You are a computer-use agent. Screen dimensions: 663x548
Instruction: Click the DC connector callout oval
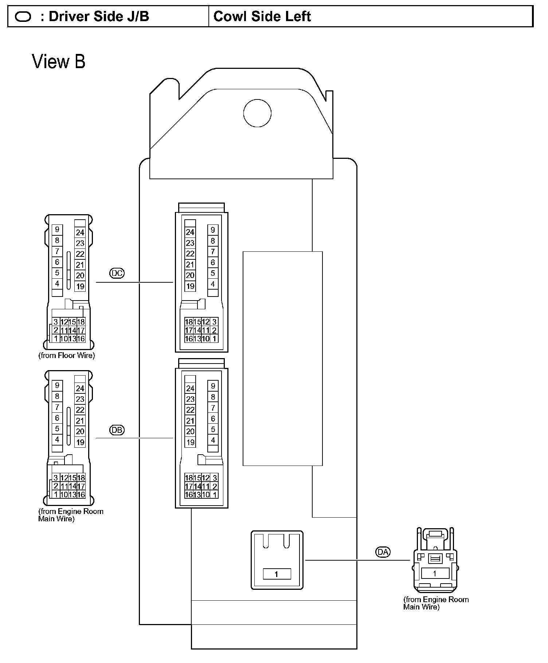[x=117, y=273]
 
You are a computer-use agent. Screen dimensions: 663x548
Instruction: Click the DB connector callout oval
[x=117, y=430]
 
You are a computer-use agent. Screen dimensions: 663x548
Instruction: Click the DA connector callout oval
[x=383, y=552]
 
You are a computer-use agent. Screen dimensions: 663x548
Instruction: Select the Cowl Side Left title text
[x=262, y=16]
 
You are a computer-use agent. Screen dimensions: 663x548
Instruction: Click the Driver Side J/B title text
[x=99, y=16]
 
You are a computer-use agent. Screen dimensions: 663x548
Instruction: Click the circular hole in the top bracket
[x=257, y=113]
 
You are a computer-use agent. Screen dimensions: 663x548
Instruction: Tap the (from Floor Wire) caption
[x=67, y=356]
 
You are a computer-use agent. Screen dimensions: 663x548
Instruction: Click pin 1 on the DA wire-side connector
[x=434, y=573]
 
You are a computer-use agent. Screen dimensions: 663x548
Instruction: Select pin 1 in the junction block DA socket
[x=277, y=574]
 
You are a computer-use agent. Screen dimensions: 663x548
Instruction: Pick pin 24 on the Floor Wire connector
[x=80, y=232]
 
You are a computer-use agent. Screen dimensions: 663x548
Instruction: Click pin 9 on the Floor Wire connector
[x=57, y=229]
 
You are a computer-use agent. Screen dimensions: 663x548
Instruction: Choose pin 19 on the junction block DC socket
[x=190, y=286]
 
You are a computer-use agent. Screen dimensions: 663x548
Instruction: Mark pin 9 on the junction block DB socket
[x=213, y=386]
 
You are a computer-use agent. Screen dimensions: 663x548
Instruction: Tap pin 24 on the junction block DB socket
[x=190, y=388]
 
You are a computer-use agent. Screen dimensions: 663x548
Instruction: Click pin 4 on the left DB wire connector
[x=57, y=439]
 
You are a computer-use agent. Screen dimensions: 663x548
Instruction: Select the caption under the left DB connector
[x=71, y=515]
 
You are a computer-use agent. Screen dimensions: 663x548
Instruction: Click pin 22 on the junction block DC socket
[x=190, y=254]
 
